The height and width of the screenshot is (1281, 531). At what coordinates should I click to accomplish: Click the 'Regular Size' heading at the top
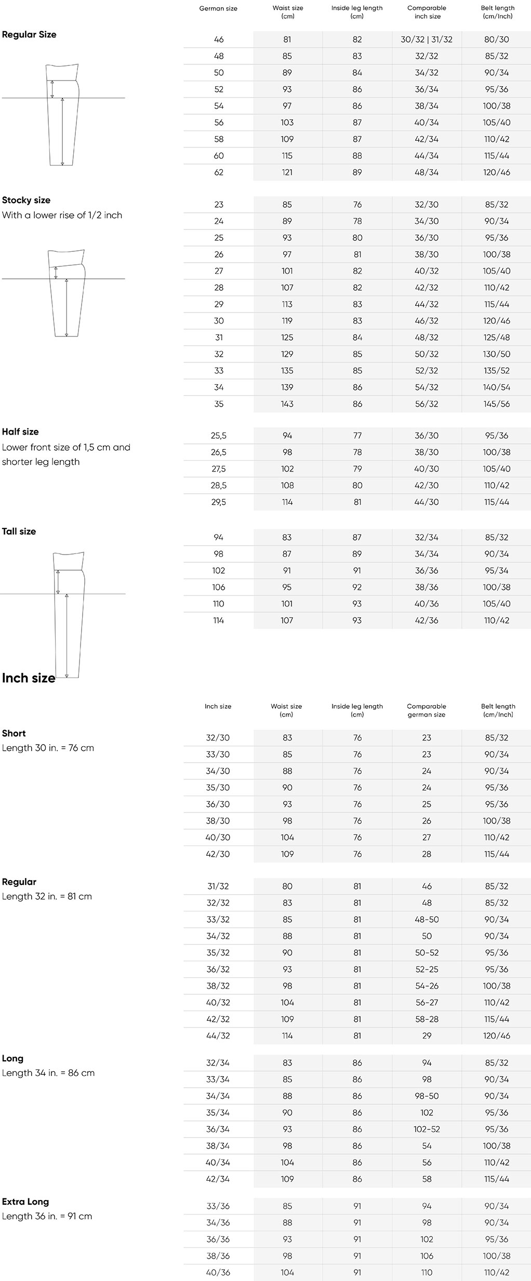[x=29, y=35]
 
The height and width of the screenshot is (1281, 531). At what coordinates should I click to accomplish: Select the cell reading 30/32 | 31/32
[x=427, y=39]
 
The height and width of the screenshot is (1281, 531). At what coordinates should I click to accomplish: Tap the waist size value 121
[x=287, y=172]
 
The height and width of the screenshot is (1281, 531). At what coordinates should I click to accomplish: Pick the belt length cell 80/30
[x=497, y=39]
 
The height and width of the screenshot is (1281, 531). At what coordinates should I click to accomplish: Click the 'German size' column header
[x=218, y=8]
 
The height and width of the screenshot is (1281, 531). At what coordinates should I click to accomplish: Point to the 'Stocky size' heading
[x=26, y=200]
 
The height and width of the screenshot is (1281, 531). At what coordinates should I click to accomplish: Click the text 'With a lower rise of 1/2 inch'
[x=62, y=215]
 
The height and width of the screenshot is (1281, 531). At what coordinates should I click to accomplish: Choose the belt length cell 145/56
[x=497, y=404]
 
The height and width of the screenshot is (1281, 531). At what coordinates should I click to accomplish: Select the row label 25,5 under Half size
[x=219, y=436]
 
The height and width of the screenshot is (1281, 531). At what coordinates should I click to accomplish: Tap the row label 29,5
[x=219, y=502]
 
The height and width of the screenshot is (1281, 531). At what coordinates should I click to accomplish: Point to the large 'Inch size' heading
[x=29, y=678]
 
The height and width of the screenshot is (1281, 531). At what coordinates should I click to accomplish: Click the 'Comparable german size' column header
[x=427, y=710]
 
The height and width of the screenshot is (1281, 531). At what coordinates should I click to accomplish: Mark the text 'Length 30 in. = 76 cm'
[x=48, y=748]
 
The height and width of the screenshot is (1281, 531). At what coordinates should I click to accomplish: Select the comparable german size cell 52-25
[x=427, y=969]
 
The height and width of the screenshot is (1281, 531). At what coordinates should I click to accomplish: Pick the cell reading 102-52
[x=427, y=1129]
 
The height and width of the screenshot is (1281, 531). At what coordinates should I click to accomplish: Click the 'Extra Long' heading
[x=25, y=1202]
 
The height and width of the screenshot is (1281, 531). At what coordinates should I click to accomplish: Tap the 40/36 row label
[x=218, y=1273]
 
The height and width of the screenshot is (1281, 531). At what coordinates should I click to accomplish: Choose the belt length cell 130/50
[x=497, y=354]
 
